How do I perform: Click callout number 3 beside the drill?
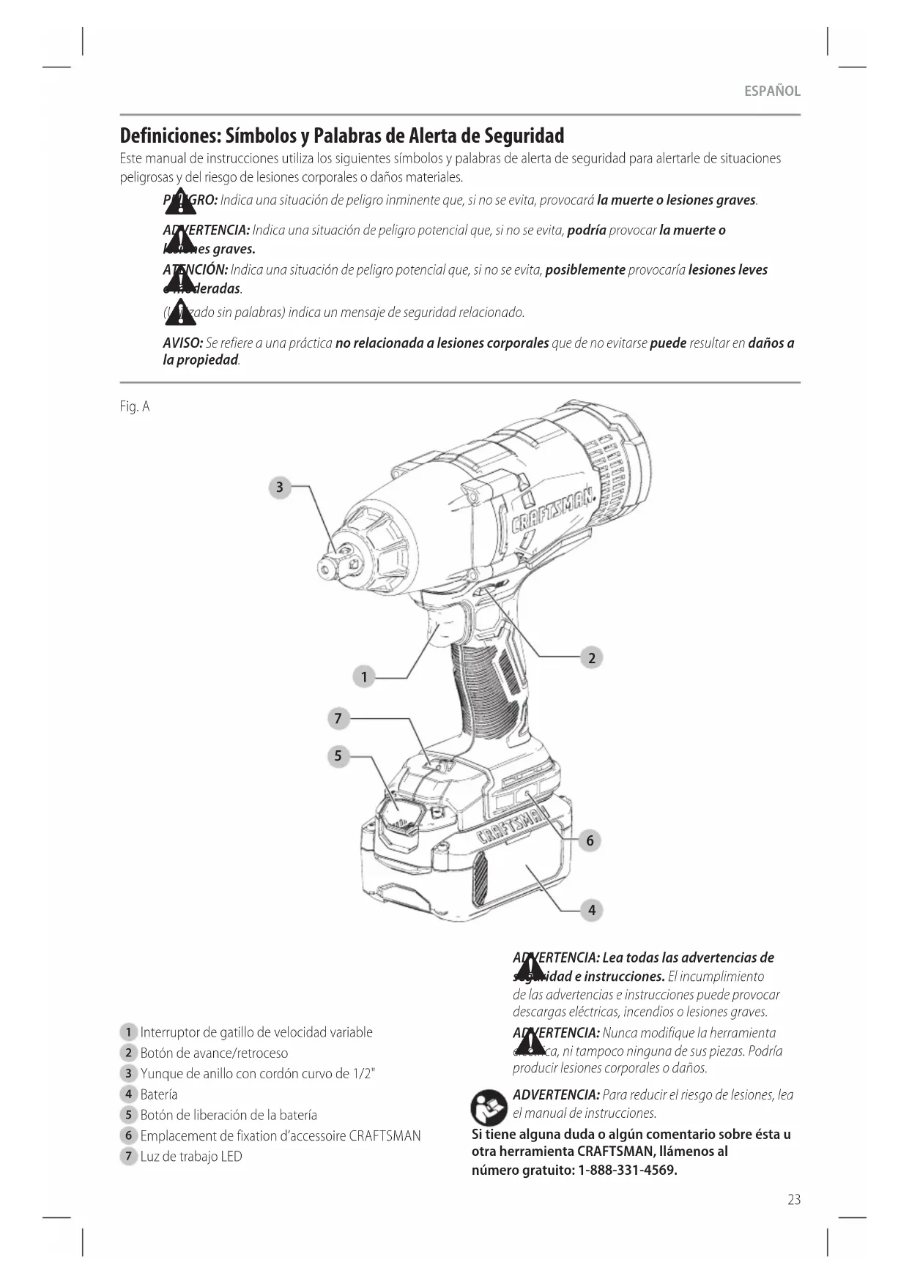click(279, 488)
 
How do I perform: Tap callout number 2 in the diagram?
click(592, 657)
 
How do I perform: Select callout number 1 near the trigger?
click(364, 676)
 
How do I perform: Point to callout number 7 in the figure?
click(338, 719)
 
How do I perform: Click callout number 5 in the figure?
click(338, 755)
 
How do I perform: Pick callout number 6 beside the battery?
click(590, 840)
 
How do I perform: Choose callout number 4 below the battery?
click(592, 910)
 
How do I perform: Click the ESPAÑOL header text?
click(772, 92)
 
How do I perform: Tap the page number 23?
click(794, 1199)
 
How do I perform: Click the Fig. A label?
click(135, 407)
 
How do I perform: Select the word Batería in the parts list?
click(159, 1094)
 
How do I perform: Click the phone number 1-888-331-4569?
click(628, 1170)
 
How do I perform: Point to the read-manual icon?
click(489, 1107)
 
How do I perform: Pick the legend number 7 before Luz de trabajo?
click(128, 1157)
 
